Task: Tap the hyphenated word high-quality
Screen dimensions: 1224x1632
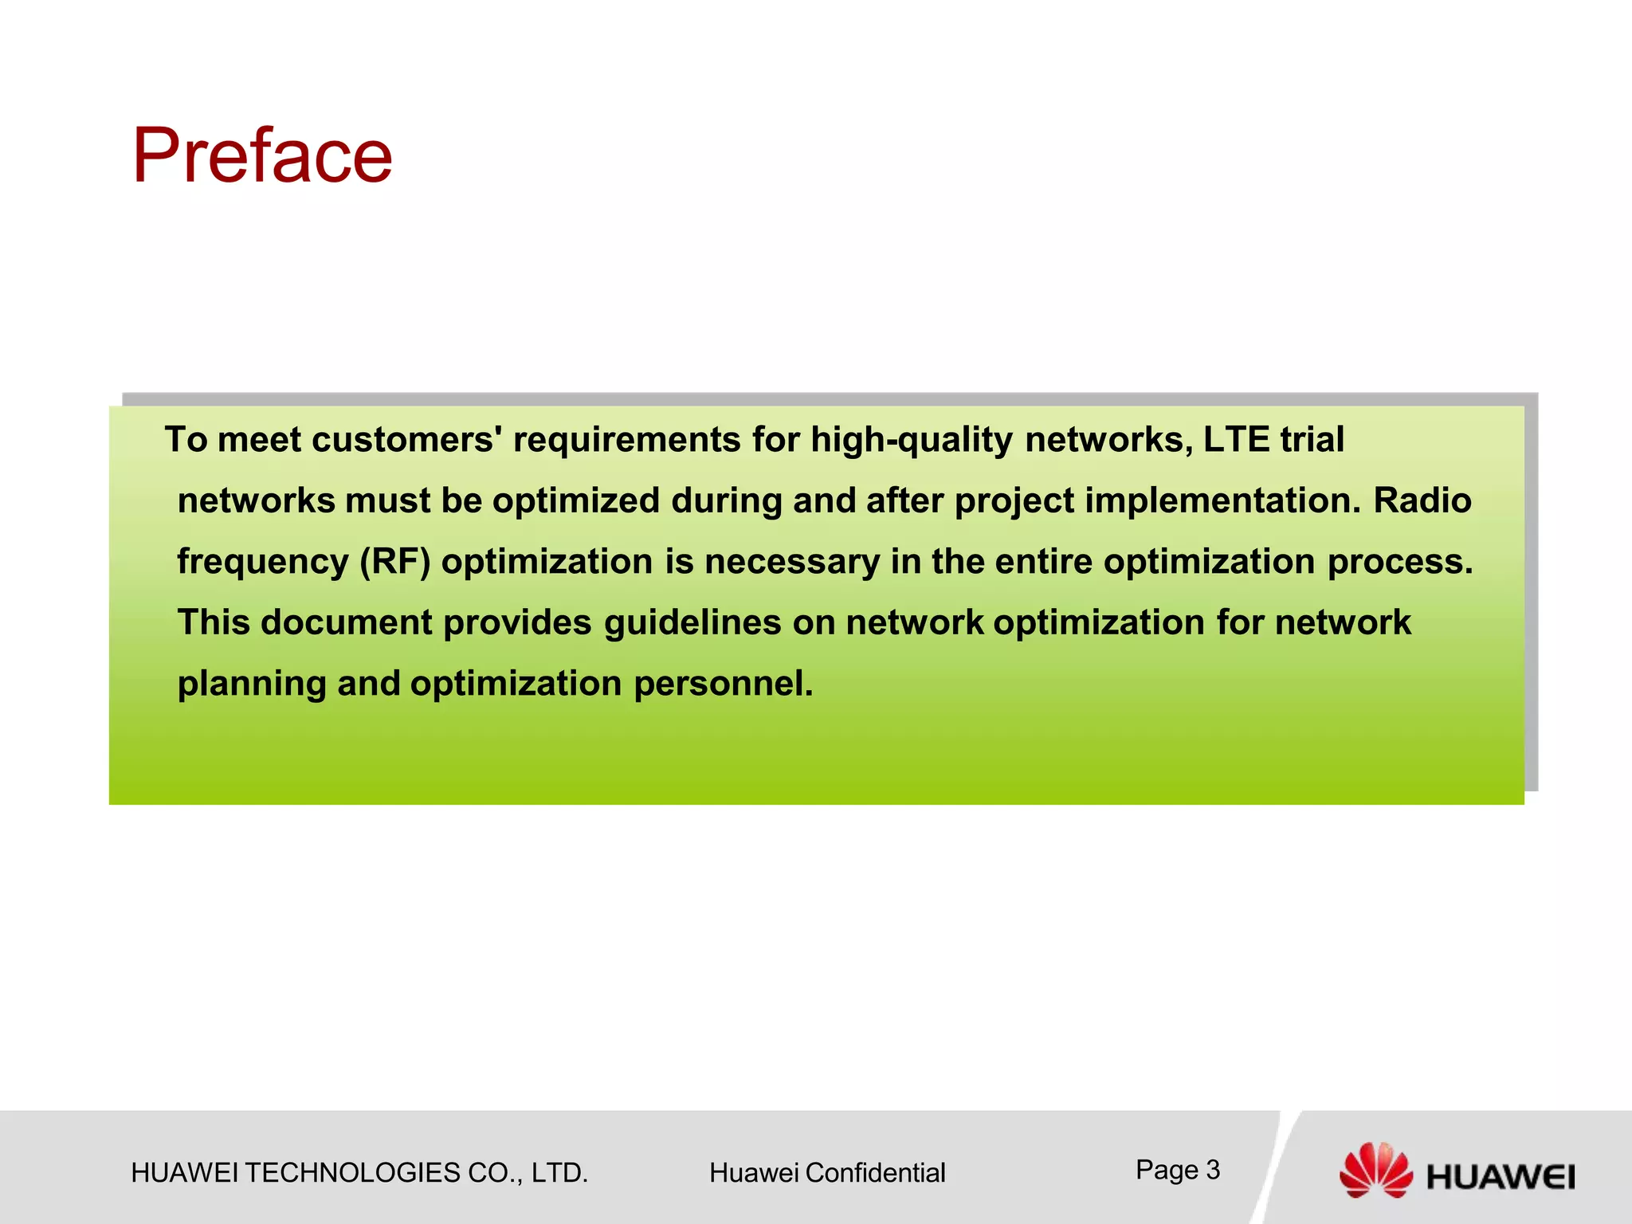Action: click(912, 440)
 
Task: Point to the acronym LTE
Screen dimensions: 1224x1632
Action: click(1235, 440)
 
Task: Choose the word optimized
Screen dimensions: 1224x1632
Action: click(576, 501)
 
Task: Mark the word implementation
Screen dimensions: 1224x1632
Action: click(1223, 501)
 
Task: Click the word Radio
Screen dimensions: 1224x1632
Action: click(1422, 501)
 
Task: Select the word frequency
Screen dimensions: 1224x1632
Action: click(262, 563)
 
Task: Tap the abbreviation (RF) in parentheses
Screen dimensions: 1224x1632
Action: click(395, 563)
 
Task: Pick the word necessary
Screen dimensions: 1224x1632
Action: click(792, 563)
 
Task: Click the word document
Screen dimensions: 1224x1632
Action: click(347, 623)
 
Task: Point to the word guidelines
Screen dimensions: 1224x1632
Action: click(692, 623)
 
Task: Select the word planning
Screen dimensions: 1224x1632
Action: click(252, 685)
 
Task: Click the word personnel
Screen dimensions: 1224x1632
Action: click(723, 685)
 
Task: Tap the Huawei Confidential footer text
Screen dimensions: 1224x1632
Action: click(827, 1173)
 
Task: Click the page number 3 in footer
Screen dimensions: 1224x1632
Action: click(1212, 1170)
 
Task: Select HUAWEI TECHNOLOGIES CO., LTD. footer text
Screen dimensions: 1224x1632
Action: click(359, 1173)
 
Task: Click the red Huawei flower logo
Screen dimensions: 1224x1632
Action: click(1375, 1170)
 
